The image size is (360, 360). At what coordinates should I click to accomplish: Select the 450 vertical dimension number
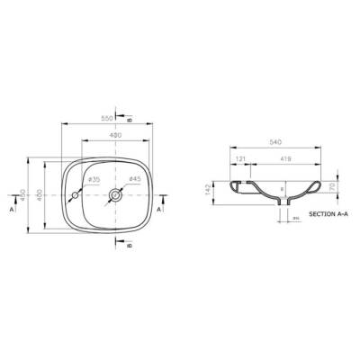22,195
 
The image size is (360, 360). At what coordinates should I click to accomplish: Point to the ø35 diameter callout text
93,179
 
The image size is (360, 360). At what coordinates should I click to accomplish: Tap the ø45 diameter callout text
134,179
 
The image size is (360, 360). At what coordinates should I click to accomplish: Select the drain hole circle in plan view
116,193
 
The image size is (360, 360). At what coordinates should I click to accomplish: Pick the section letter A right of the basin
160,208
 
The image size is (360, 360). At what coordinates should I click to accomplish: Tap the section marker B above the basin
130,120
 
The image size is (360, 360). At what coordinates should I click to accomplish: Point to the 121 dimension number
240,158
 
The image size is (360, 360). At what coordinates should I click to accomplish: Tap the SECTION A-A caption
328,216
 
